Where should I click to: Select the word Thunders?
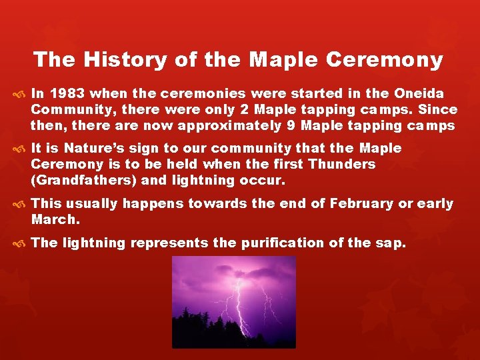[342, 164]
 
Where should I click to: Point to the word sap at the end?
[392, 243]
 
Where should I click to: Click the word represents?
[169, 243]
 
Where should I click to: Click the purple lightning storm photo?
[239, 302]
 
